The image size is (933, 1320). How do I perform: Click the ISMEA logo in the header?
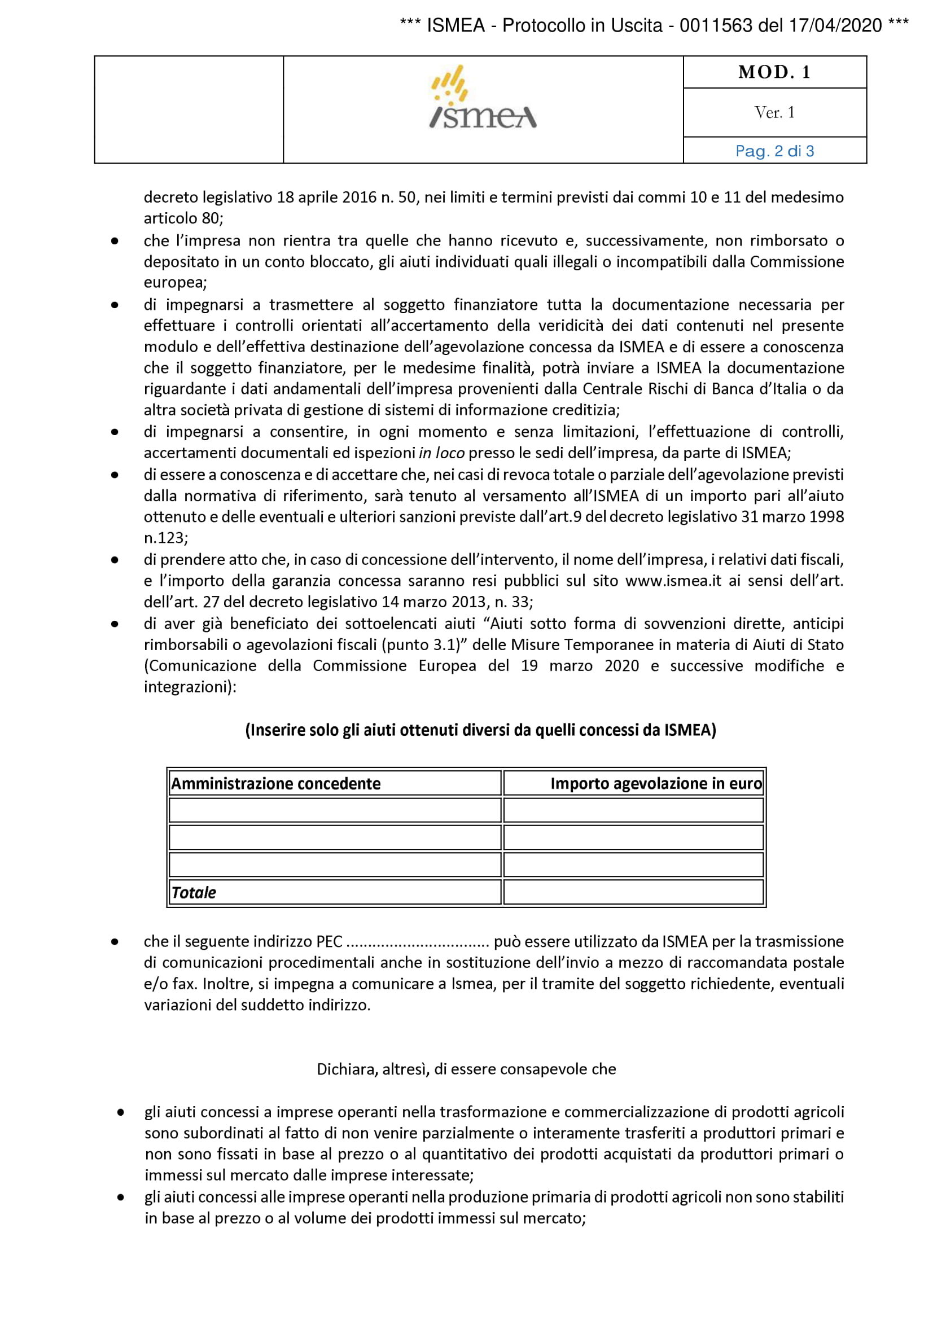pos(483,97)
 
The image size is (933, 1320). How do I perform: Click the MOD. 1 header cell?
pos(774,72)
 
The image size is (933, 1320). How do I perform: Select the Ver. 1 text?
pos(774,113)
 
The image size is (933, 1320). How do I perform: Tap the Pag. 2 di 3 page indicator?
pos(774,151)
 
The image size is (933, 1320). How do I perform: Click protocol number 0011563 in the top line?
pos(715,26)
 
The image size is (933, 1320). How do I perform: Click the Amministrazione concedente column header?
pos(276,784)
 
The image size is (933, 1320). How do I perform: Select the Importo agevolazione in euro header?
pos(655,784)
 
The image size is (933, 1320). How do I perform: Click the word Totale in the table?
pos(194,892)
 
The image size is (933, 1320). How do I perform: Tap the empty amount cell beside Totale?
pos(633,892)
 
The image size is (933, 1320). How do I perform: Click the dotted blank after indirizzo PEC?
pos(418,942)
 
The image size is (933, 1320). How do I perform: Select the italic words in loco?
pos(441,453)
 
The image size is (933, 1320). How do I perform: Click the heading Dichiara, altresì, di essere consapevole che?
pos(466,1069)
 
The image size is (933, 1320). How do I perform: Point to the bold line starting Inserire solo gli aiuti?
pos(480,730)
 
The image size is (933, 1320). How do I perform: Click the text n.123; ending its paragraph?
pos(165,538)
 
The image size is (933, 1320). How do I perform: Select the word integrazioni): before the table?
pos(190,687)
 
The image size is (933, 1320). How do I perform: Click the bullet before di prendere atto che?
pos(115,559)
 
